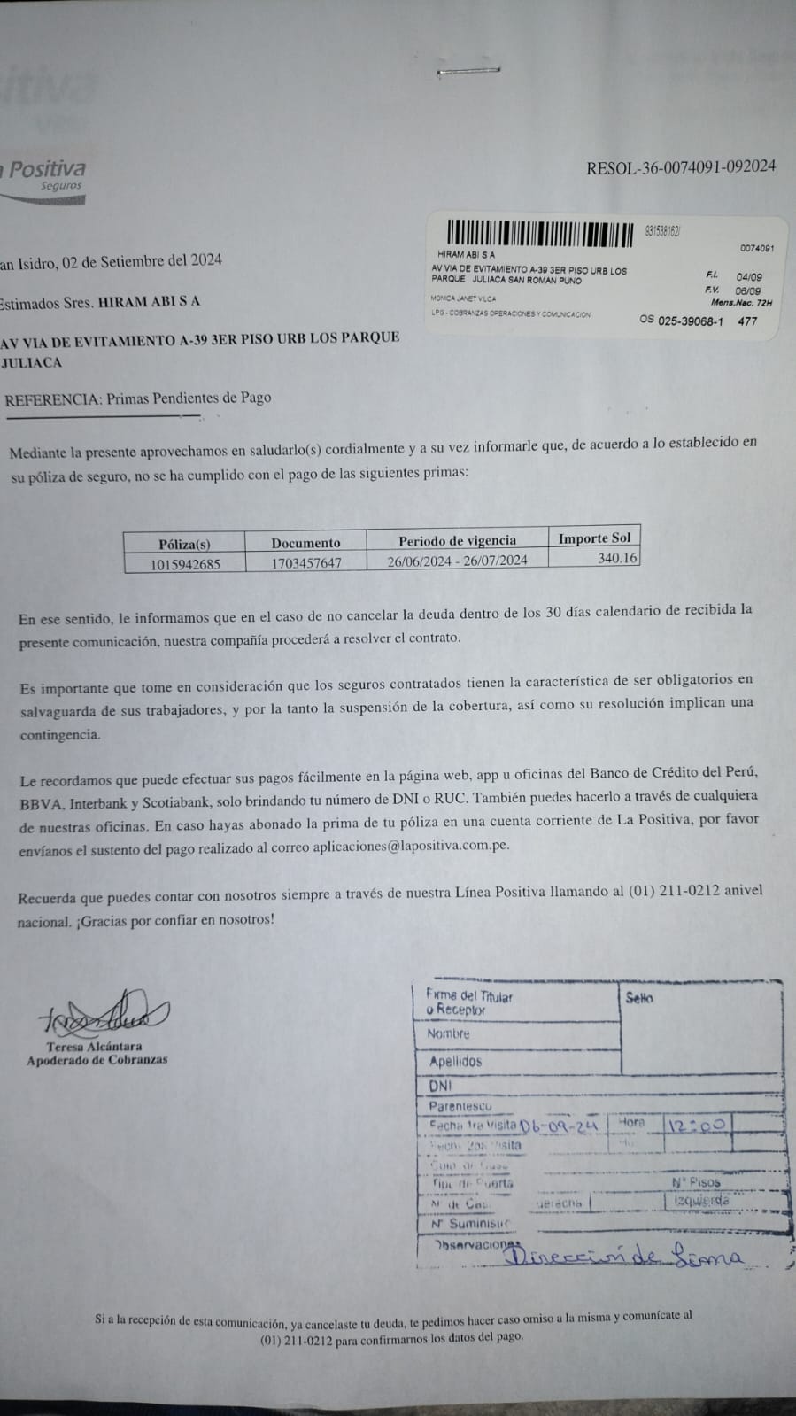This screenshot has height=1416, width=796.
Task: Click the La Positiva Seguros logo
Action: coord(44,177)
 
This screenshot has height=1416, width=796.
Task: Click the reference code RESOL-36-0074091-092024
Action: coord(680,166)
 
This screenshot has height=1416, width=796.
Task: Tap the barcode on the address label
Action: coord(540,235)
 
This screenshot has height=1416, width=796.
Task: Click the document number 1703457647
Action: coord(305,562)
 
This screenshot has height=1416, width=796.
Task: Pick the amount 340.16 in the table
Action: coord(617,558)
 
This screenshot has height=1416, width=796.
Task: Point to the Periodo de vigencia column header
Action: coord(457,540)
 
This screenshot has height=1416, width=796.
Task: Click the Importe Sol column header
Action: coord(594,538)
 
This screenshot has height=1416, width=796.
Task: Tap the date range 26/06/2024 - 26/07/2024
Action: coord(457,560)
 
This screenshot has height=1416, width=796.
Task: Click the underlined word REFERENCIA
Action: coord(52,399)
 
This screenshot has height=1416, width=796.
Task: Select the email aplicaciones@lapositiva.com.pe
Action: coord(411,846)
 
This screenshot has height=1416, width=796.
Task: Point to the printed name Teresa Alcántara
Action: coord(95,1046)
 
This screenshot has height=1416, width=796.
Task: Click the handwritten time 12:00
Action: coord(699,1125)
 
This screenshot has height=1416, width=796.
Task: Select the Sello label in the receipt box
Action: coord(639,998)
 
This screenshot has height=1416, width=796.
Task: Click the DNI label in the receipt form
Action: coord(440,1085)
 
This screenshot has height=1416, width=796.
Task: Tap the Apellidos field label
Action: coord(455,1061)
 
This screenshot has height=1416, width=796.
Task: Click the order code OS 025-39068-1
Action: coord(681,321)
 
